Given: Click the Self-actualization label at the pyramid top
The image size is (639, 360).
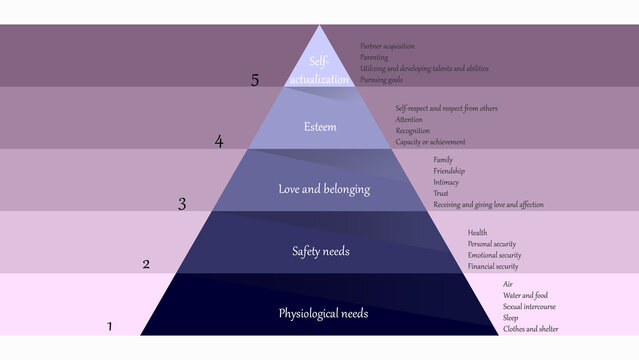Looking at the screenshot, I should pyautogui.click(x=319, y=69).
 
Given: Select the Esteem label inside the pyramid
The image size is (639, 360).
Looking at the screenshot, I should pyautogui.click(x=319, y=127).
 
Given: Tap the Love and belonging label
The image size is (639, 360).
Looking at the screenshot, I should pyautogui.click(x=324, y=188).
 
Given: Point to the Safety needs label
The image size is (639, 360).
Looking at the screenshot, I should pyautogui.click(x=320, y=251).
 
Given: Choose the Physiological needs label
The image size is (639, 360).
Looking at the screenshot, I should pyautogui.click(x=323, y=314).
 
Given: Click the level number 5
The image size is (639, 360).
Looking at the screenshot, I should pyautogui.click(x=255, y=81).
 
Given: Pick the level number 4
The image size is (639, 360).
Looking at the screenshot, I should pyautogui.click(x=219, y=141).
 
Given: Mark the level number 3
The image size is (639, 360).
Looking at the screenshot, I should pyautogui.click(x=182, y=204).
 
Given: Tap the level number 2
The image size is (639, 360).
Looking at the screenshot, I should pyautogui.click(x=146, y=265).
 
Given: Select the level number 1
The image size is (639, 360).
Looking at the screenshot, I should pyautogui.click(x=110, y=326).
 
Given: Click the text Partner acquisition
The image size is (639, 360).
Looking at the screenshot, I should pyautogui.click(x=387, y=46).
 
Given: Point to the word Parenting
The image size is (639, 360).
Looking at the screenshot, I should pyautogui.click(x=375, y=57).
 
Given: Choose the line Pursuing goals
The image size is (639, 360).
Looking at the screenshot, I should pyautogui.click(x=382, y=80).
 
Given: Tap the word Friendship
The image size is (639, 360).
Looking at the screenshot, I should pyautogui.click(x=449, y=171).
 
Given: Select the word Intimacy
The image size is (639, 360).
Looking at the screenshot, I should pyautogui.click(x=447, y=182).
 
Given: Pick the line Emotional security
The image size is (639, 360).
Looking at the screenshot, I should pyautogui.click(x=494, y=255).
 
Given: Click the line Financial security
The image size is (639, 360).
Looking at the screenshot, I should pyautogui.click(x=493, y=267).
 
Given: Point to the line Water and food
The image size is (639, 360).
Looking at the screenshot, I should pyautogui.click(x=526, y=295).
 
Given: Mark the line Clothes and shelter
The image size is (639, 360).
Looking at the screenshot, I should pyautogui.click(x=531, y=329).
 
